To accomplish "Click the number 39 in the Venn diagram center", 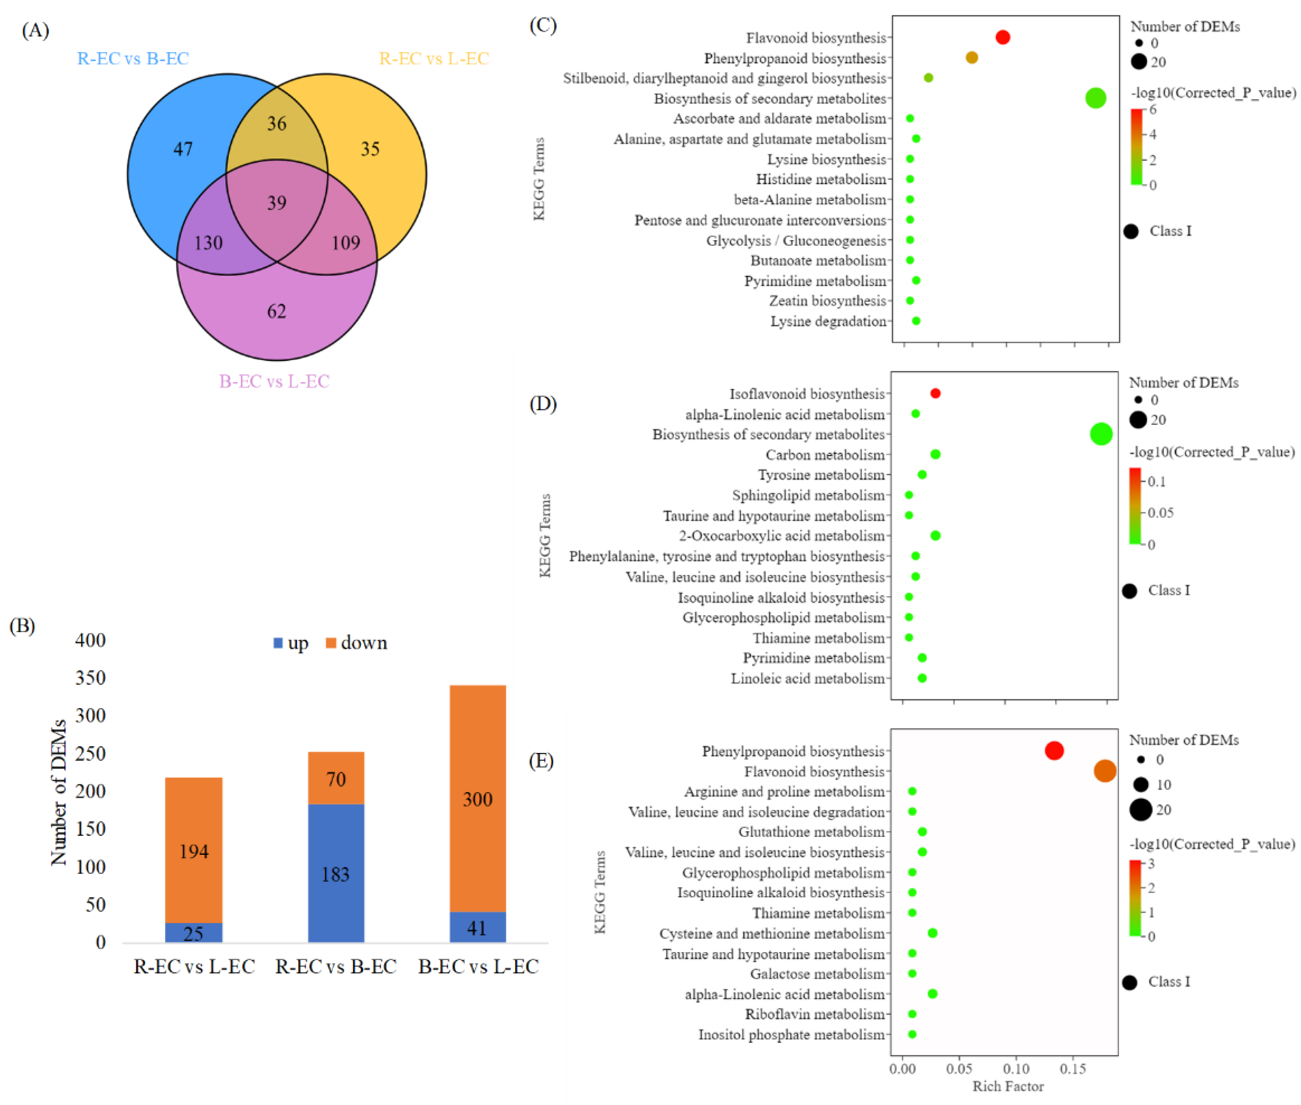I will coord(276,202).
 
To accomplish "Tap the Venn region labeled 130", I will coord(208,242).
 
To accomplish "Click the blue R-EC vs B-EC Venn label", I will coord(133,58).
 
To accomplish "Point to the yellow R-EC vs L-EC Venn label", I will coord(433,58).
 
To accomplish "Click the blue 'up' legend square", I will coord(278,643).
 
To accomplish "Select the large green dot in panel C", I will coord(1095,98).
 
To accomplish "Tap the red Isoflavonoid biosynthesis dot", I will coord(935,393).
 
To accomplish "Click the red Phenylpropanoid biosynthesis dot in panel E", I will coord(1053,750).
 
